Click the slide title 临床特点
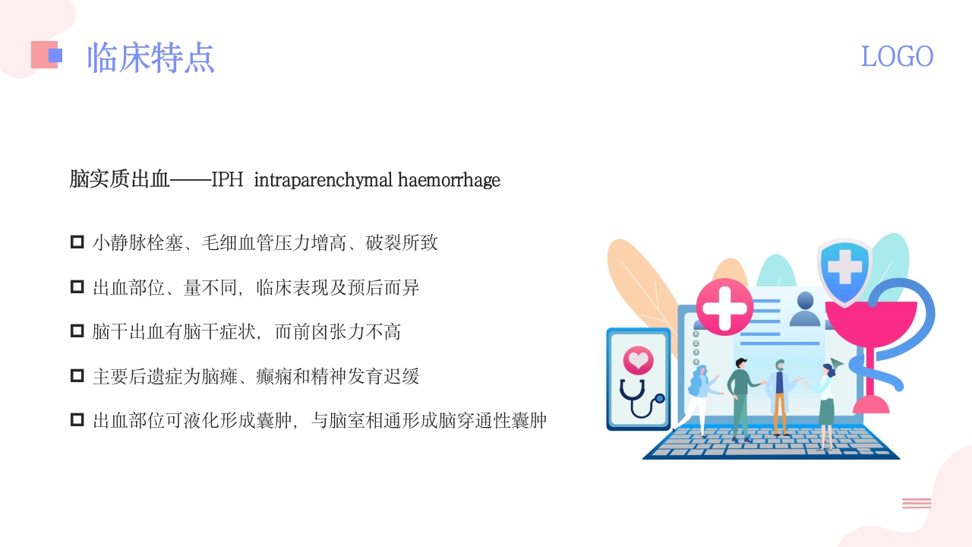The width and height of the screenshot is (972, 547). point(150,57)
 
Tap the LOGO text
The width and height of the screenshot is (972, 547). point(897,56)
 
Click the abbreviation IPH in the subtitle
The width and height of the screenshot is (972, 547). point(227,180)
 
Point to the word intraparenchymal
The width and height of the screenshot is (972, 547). point(323,180)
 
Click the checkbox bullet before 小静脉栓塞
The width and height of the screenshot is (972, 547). point(77,242)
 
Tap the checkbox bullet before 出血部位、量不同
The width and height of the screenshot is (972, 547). point(77,287)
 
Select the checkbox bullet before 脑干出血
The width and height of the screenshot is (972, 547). point(77,331)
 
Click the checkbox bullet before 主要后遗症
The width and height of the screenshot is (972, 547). point(77,375)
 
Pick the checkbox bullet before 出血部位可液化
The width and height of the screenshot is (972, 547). point(77,419)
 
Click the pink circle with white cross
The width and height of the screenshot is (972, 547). point(724,306)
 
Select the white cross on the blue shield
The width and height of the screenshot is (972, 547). point(844,268)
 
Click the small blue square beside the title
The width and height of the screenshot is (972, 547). point(55,55)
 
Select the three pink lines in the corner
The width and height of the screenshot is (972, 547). point(917,503)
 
